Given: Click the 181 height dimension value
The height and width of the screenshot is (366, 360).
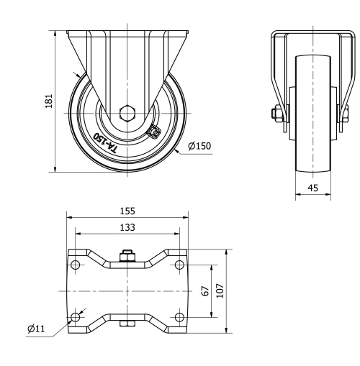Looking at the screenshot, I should (48, 101).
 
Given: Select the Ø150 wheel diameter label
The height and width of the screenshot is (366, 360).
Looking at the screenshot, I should (199, 147).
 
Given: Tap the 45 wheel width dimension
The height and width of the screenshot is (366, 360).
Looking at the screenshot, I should (313, 189).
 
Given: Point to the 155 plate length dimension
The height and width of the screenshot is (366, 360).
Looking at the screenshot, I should (128, 211).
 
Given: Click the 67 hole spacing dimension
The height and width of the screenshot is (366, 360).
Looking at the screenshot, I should (205, 291).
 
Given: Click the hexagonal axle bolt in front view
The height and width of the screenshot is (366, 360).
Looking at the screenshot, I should (127, 112).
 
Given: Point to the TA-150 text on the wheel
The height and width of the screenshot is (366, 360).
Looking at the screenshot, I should (106, 140).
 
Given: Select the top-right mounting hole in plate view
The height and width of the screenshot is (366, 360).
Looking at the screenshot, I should (179, 265).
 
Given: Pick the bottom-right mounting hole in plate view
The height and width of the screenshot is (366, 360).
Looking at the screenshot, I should (179, 317).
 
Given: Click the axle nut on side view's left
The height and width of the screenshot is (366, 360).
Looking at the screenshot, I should (276, 112).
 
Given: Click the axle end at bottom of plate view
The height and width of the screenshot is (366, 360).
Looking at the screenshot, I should (127, 324).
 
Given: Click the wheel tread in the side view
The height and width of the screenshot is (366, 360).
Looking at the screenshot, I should (314, 115).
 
